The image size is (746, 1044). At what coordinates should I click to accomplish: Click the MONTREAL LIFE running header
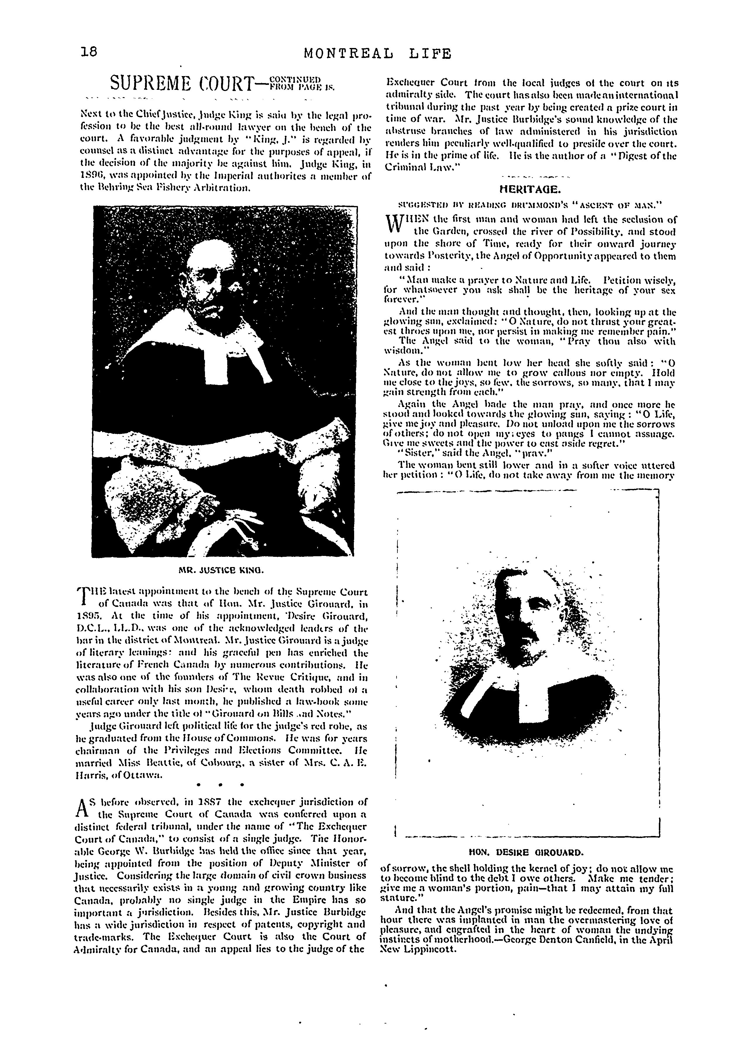coord(378,54)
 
